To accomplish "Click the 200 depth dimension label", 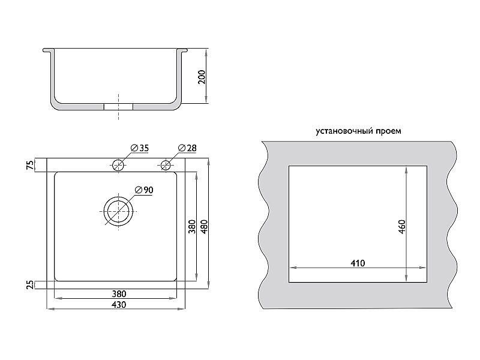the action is pos(202,77).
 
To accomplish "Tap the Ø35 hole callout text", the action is pos(140,148).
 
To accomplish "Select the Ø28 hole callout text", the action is pos(187,148).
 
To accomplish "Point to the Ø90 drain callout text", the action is pos(144,190).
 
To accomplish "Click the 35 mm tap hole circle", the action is pos(118,166).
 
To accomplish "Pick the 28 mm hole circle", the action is pos(166,166).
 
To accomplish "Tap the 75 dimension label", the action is pos(31,166).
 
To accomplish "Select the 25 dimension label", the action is pos(31,285).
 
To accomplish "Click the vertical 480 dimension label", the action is pos(205,227).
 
